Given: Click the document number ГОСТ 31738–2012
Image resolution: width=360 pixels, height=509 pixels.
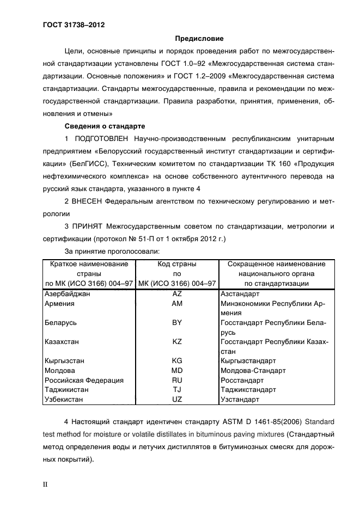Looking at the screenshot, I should click(74, 26).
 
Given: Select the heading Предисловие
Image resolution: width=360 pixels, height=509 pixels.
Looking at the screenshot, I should click(199, 39).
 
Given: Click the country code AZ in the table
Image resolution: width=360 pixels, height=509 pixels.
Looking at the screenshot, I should click(176, 294).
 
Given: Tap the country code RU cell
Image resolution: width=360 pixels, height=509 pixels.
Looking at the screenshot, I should click(176, 380).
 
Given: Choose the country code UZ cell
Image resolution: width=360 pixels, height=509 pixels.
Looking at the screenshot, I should click(176, 400).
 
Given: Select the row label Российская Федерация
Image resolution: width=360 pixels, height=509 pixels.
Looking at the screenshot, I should click(84, 380).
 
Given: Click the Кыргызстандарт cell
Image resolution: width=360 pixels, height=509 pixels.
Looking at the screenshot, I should click(248, 360).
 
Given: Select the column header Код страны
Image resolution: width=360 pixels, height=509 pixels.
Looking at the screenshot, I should click(176, 264).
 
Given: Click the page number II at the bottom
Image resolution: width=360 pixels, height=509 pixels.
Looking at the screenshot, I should click(46, 483).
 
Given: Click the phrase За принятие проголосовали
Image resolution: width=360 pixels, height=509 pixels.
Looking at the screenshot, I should click(112, 251).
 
